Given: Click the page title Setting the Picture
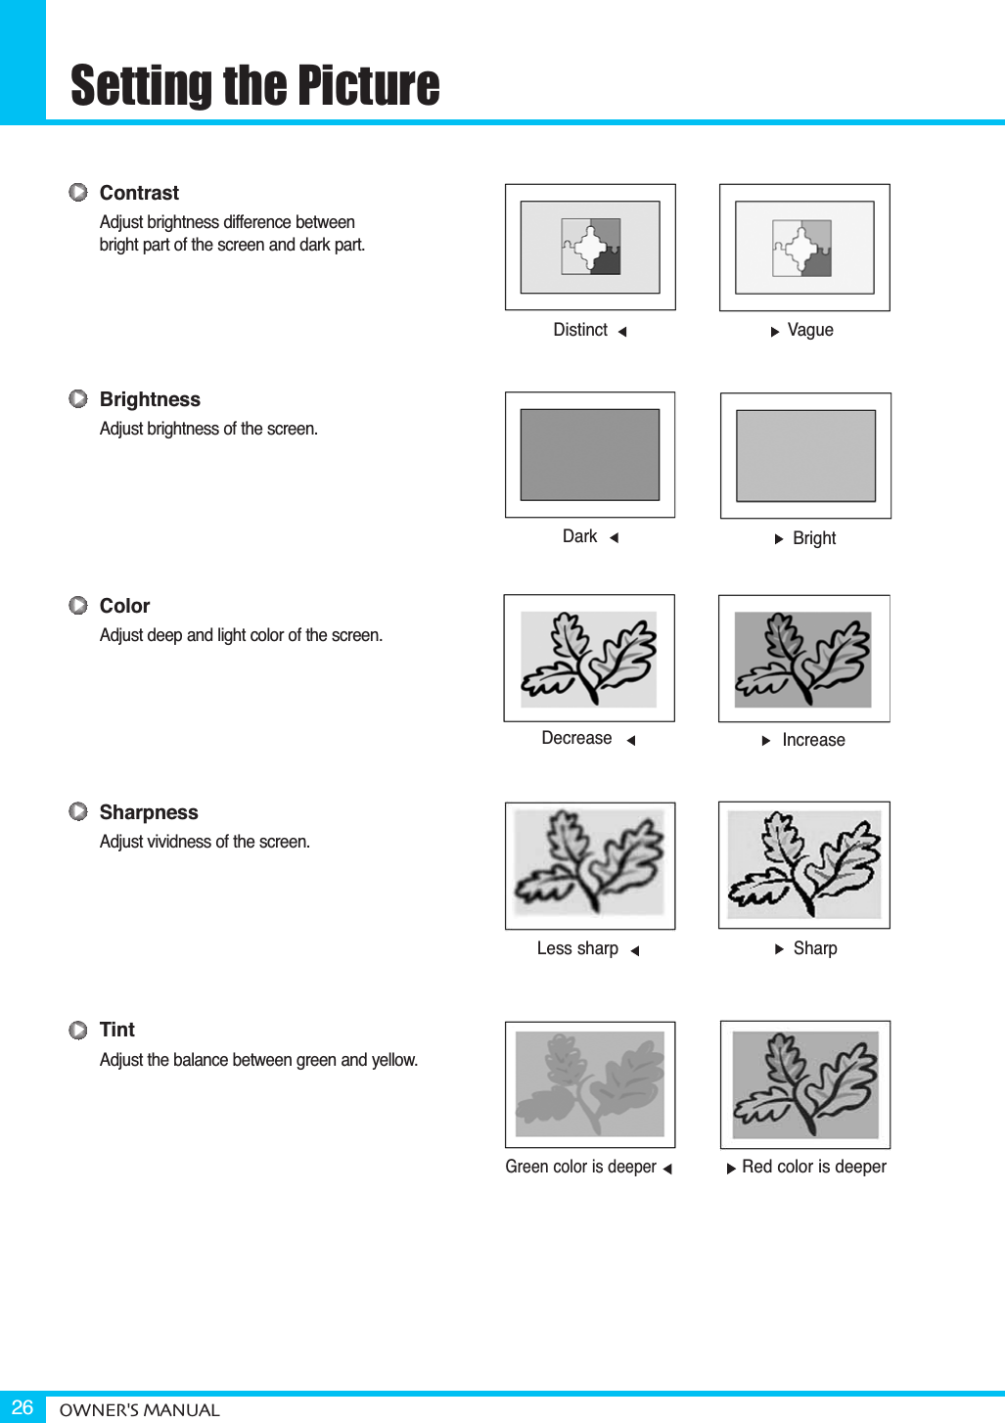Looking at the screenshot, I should (254, 85).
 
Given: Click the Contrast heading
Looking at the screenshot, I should (139, 193).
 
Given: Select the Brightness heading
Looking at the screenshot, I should (150, 399).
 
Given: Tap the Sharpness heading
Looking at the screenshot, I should (149, 812).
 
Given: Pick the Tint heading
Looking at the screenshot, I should (117, 1030).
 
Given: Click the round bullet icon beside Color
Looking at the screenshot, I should (78, 606).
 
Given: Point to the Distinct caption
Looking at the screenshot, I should (580, 330).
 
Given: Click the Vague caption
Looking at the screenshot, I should (810, 331).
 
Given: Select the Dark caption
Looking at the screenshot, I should (579, 536).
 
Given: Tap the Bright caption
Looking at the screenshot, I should (814, 538).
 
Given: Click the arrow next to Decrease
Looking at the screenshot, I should (631, 740).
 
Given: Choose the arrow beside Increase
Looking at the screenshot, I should (766, 741).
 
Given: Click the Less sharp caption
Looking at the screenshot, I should (577, 948).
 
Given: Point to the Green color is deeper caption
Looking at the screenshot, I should (580, 1167).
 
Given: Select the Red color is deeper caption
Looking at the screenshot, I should (814, 1167).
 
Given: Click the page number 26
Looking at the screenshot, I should (23, 1407).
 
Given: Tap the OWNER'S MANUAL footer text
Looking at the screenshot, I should (139, 1410).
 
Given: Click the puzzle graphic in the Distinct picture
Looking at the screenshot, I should (591, 247).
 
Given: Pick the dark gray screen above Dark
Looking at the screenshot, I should (590, 455).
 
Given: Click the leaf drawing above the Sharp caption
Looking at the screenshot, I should (804, 864).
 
